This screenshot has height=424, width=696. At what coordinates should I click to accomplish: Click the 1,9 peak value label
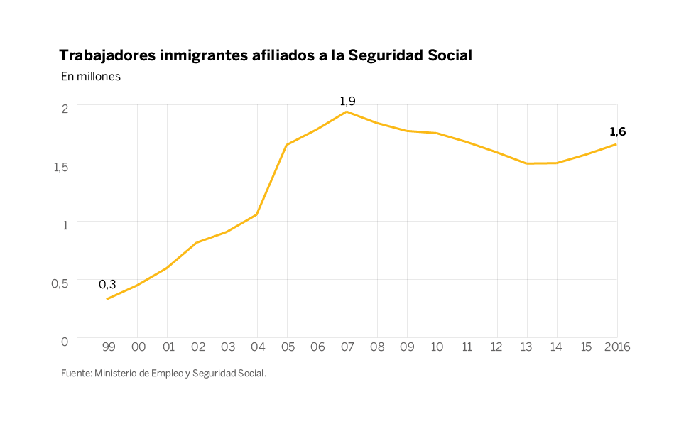(347, 102)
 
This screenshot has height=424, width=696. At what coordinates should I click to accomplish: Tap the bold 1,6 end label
(617, 132)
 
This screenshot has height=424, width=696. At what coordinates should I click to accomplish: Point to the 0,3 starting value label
(107, 284)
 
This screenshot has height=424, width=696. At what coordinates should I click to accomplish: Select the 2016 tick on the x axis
(615, 347)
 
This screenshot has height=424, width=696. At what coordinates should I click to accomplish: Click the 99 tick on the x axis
(108, 347)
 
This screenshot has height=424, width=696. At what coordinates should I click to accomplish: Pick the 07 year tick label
(347, 347)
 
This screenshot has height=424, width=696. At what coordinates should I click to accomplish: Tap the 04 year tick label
(257, 347)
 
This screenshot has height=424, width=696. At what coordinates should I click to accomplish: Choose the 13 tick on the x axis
(526, 347)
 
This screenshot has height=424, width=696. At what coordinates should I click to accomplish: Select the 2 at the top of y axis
(65, 108)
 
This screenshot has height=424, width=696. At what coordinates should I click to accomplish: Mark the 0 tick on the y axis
(65, 341)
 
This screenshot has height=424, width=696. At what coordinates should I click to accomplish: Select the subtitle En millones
(91, 77)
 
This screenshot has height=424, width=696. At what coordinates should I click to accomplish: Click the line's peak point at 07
(347, 112)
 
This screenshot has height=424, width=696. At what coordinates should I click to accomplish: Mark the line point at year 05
(286, 145)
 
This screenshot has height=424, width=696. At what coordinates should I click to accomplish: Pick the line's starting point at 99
(107, 299)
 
